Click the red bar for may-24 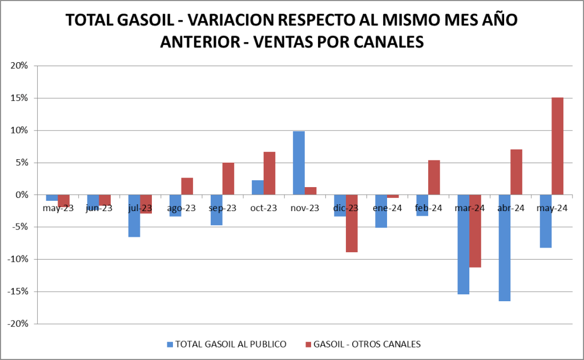click(557, 146)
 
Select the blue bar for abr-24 click(504, 248)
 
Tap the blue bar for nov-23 click(299, 163)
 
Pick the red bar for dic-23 click(352, 223)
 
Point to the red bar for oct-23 click(269, 173)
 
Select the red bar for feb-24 click(434, 177)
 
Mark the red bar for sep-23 click(228, 179)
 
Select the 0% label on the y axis click(22, 195)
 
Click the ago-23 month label click(181, 208)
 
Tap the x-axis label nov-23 click(304, 208)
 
